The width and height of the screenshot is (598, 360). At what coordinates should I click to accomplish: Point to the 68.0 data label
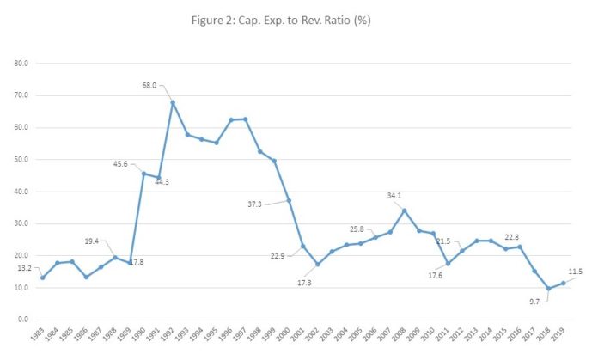[x=150, y=85]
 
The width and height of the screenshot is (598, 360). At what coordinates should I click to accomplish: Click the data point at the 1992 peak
[x=173, y=103]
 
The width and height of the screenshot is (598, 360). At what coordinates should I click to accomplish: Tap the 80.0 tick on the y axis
[x=21, y=64]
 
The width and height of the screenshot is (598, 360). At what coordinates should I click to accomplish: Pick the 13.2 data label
[x=24, y=268]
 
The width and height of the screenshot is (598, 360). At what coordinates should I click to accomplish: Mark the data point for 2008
[x=404, y=211]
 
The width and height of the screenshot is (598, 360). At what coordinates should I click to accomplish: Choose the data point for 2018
[x=547, y=289]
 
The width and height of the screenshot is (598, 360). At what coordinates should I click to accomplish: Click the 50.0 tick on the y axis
[x=21, y=160]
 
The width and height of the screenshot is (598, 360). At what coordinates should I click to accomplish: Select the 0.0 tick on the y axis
[x=22, y=320]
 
